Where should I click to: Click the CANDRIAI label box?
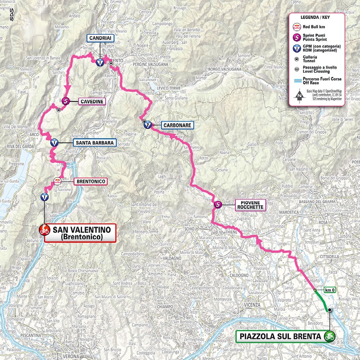(101, 38)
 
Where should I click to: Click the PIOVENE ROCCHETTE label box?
(250, 205)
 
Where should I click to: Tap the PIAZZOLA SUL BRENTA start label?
(279, 337)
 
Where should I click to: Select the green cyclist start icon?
(329, 337)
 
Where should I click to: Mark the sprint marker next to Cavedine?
(66, 101)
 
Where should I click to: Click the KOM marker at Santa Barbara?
(54, 142)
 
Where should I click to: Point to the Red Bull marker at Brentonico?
(58, 182)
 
